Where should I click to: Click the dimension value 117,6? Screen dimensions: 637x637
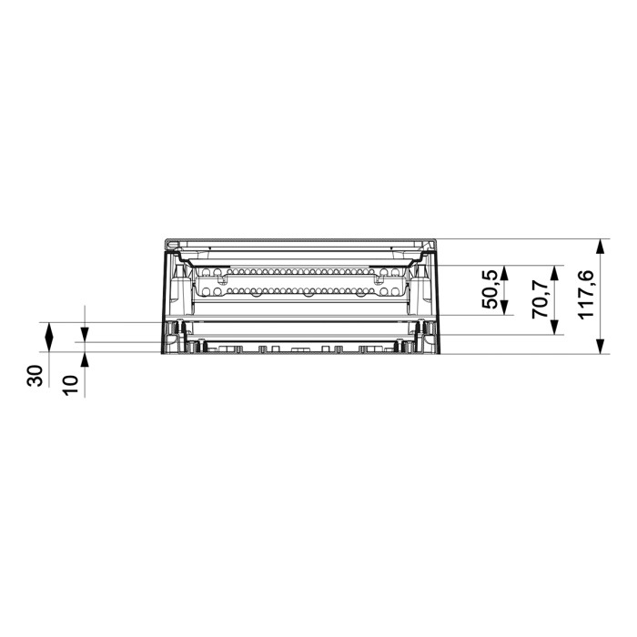coord(586,294)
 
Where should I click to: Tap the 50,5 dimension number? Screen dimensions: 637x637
coord(490,290)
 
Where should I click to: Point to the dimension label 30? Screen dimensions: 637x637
coord(35,377)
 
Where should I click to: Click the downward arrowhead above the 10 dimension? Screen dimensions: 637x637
coord(84,337)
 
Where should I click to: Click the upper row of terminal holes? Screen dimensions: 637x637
coord(300,271)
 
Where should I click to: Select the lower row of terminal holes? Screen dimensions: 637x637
coord(300,291)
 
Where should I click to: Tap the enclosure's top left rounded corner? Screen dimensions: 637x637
coord(167,242)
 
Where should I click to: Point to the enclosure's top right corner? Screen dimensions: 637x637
coord(438,242)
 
